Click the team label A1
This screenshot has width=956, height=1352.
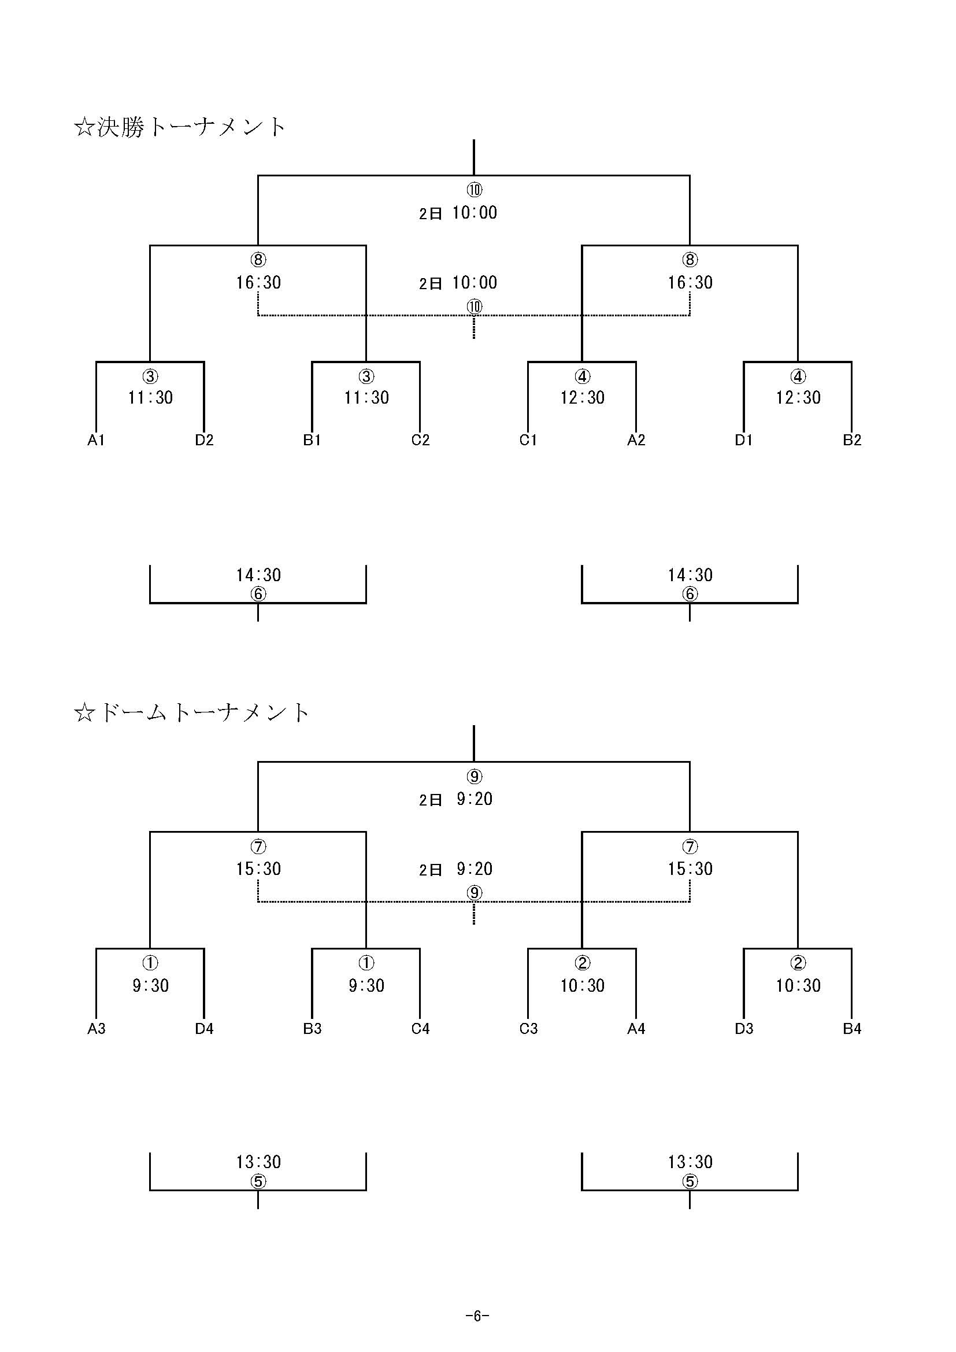tap(96, 440)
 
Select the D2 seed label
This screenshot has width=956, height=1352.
tap(204, 440)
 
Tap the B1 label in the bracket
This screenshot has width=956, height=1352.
tap(312, 440)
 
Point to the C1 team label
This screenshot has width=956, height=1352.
tap(528, 440)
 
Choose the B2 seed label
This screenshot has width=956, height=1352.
tap(852, 440)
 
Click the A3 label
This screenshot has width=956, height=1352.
tap(97, 1028)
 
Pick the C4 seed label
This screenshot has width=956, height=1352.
tap(420, 1028)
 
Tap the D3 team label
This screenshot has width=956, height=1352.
tap(744, 1028)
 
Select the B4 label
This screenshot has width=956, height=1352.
tap(852, 1028)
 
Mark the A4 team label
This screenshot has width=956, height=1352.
tap(636, 1028)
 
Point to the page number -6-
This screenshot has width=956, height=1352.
tap(477, 1316)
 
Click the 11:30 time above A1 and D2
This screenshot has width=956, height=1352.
tap(151, 397)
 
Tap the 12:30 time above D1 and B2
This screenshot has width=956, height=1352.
tap(798, 397)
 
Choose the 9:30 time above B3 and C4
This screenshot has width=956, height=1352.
tap(366, 985)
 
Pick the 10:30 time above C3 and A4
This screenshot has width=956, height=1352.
tap(582, 985)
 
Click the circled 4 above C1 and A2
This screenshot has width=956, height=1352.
tap(582, 376)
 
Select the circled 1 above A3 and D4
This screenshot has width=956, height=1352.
tap(150, 963)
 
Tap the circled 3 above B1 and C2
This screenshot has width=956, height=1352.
tap(366, 376)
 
